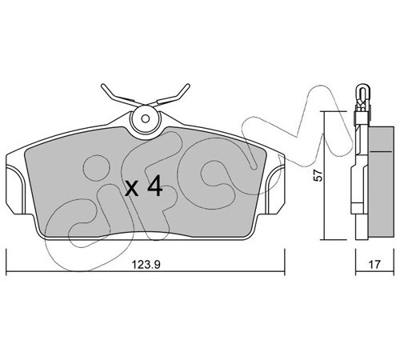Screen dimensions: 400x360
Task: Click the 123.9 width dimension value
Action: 146,265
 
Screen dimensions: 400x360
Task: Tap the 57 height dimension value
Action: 318,175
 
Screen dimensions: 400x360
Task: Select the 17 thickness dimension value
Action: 374,265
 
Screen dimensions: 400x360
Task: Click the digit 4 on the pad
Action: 154,186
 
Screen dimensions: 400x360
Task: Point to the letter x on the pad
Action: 132,189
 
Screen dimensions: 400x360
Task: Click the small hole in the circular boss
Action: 146,118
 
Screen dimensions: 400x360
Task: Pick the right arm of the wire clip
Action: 170,95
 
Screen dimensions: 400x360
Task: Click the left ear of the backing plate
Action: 16,190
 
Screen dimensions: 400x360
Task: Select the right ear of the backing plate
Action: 274,190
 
